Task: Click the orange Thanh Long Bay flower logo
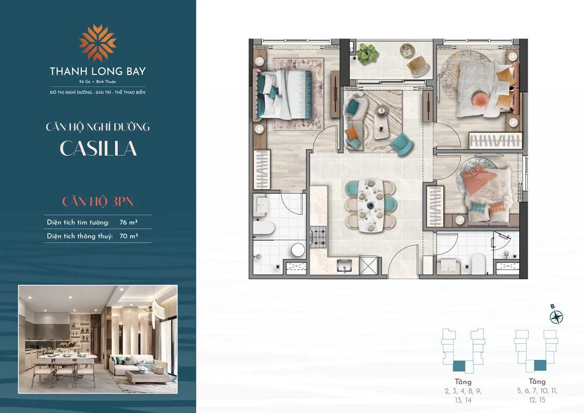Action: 98,42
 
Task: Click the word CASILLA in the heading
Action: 98,149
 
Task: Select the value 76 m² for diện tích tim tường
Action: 128,222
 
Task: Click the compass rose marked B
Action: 556,317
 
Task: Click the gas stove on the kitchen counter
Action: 318,237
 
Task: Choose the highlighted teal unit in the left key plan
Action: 459,366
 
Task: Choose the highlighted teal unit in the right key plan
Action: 539,365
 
